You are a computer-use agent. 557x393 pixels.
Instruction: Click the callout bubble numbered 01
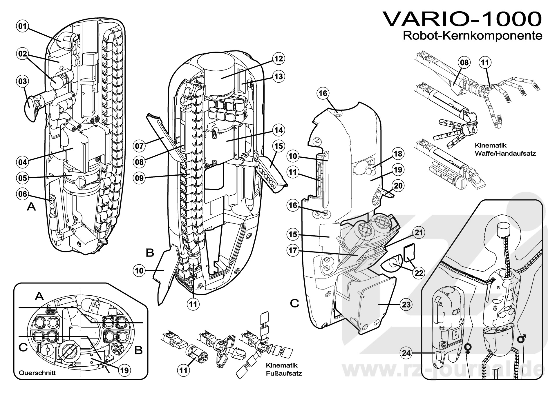click(22, 26)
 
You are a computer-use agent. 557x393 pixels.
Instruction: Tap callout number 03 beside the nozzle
click(22, 81)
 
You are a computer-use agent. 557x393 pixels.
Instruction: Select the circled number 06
click(22, 194)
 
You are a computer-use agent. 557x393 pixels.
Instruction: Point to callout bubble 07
click(140, 145)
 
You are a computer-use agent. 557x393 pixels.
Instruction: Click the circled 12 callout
click(278, 59)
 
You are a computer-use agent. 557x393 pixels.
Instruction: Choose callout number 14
click(278, 130)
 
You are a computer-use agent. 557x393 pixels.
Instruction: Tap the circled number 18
click(398, 154)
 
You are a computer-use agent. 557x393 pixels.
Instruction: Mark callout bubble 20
click(398, 185)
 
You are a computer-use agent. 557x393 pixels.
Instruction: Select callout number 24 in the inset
click(407, 353)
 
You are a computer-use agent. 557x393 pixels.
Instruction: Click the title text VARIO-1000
click(462, 19)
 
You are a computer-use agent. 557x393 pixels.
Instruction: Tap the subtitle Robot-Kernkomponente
click(472, 36)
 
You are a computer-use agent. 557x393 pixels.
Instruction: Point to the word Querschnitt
click(37, 373)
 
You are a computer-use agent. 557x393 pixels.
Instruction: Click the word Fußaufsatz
click(284, 373)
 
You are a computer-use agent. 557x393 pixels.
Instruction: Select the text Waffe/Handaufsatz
click(505, 153)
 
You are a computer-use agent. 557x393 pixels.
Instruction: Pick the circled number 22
click(419, 273)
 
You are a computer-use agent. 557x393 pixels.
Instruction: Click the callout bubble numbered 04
click(22, 162)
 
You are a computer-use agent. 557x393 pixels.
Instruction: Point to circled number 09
click(140, 178)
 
